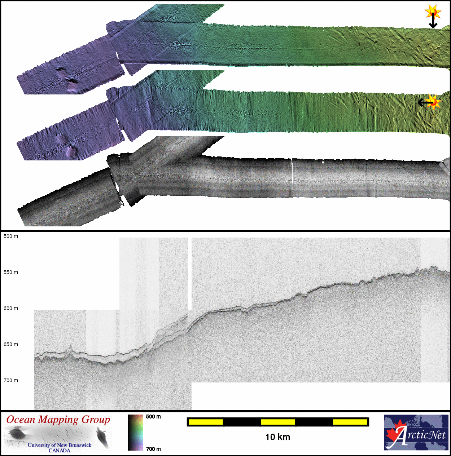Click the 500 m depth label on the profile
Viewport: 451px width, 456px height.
click(x=11, y=236)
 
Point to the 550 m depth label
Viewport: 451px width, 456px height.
click(x=11, y=272)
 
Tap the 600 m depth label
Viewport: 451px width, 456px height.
click(x=11, y=308)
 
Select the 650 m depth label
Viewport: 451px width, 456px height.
click(x=11, y=344)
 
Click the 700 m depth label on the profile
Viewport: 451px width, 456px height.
click(x=11, y=380)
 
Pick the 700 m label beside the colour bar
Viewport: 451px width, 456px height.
click(x=153, y=449)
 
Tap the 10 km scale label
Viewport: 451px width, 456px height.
click(x=277, y=437)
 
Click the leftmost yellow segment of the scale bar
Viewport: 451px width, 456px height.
click(x=206, y=422)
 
